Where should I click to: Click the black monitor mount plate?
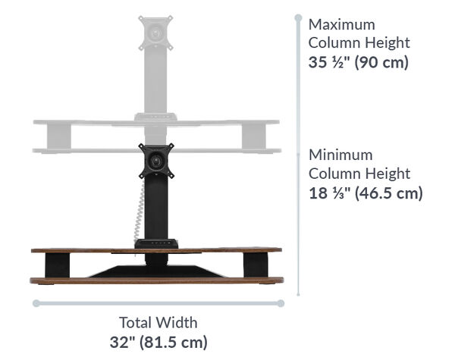pyautogui.click(x=156, y=160)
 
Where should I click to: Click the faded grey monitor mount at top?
pyautogui.click(x=156, y=33)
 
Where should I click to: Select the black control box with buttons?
pyautogui.click(x=156, y=243)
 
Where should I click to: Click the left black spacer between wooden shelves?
pyautogui.click(x=57, y=265)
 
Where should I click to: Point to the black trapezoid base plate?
pyautogui.click(x=156, y=271)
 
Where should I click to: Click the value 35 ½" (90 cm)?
pyautogui.click(x=358, y=62)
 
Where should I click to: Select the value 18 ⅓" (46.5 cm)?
pyautogui.click(x=365, y=193)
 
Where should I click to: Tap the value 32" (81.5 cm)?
pyautogui.click(x=157, y=342)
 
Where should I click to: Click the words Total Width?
pyautogui.click(x=158, y=322)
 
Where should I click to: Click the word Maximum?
pyautogui.click(x=341, y=24)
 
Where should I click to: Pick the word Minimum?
pyautogui.click(x=340, y=155)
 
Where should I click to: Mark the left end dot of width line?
pyautogui.click(x=35, y=303)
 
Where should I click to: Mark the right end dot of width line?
pyautogui.click(x=281, y=303)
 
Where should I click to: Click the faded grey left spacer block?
pyautogui.click(x=58, y=136)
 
